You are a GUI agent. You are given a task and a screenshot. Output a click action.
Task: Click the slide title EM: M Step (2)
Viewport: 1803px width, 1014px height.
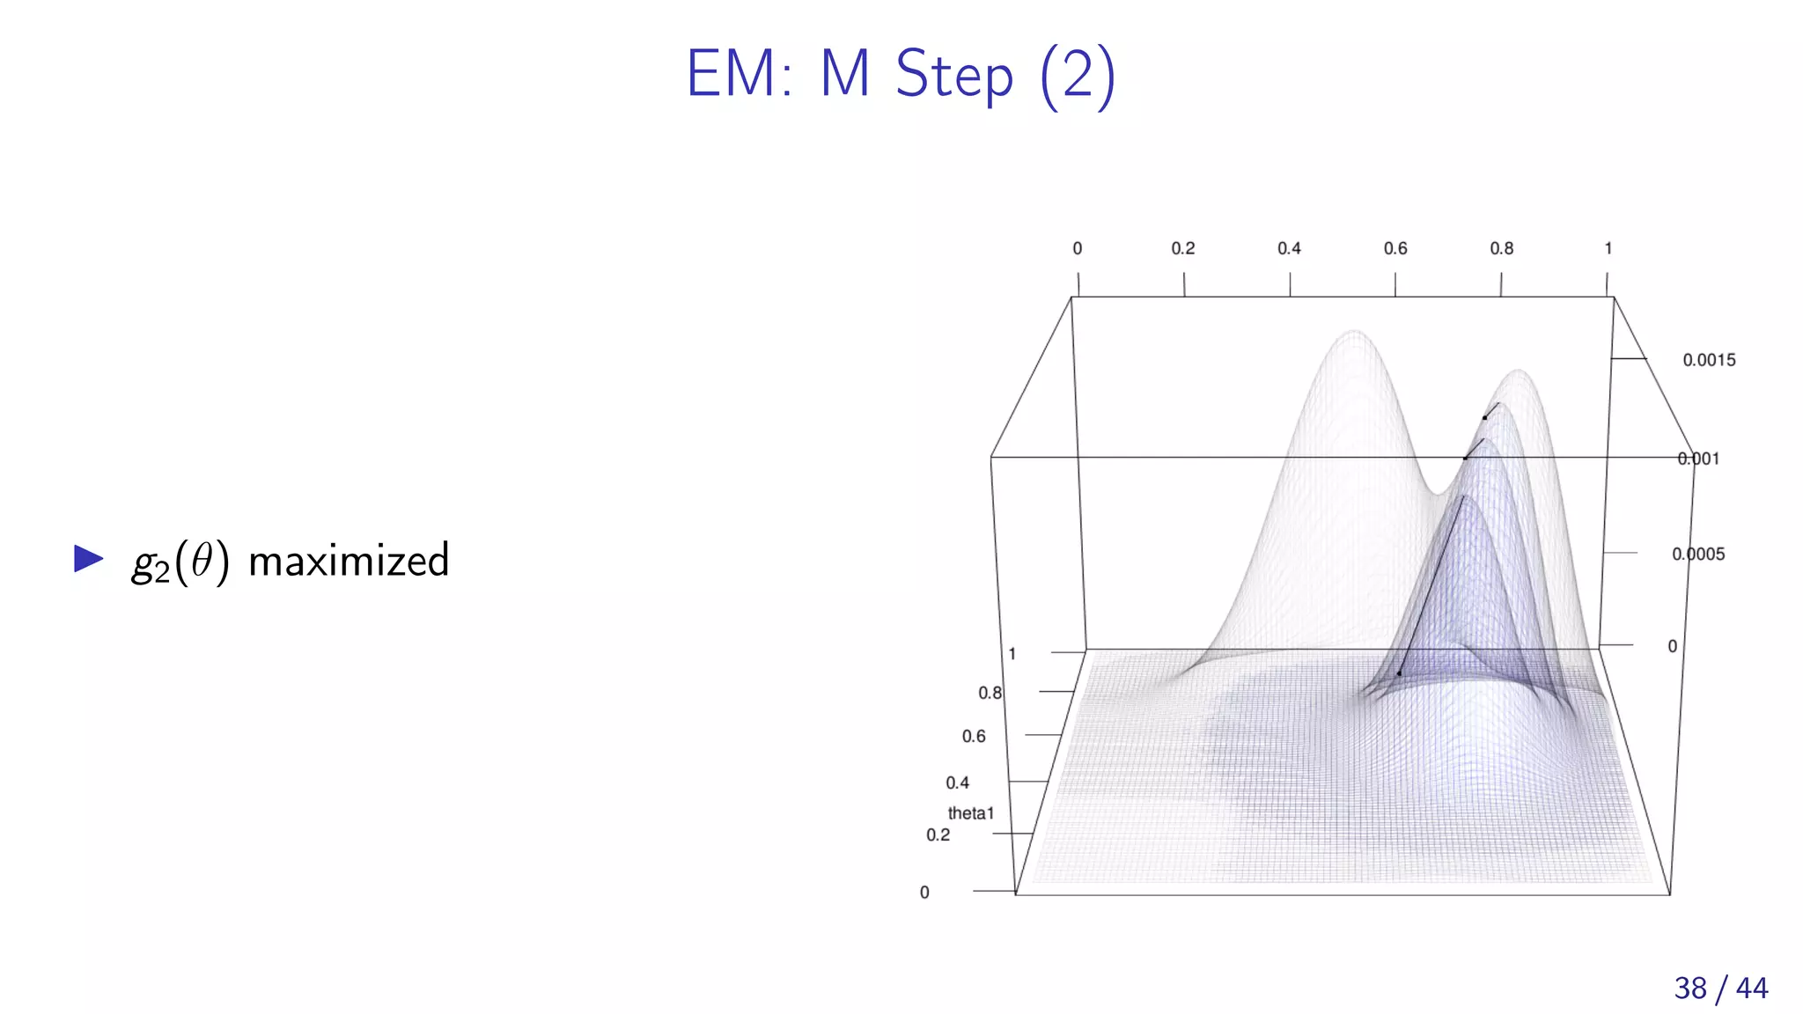coord(901,74)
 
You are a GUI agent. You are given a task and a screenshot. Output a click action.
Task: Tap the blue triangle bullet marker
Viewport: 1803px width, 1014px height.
coord(89,558)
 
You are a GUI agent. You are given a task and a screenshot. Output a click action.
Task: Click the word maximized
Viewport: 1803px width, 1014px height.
coord(349,561)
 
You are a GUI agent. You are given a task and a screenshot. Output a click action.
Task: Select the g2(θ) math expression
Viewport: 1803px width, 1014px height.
coord(180,562)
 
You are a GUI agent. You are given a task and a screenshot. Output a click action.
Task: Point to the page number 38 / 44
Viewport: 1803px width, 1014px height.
coord(1720,988)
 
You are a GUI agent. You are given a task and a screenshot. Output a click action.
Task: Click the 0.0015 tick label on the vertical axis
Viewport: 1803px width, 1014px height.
coord(1709,360)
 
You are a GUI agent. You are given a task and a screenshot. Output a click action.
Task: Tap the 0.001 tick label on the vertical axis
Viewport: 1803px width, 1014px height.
coord(1698,459)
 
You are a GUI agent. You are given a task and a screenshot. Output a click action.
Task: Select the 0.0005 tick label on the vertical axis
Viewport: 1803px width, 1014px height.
coord(1698,555)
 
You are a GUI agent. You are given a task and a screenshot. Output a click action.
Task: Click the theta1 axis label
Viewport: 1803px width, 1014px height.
coord(970,813)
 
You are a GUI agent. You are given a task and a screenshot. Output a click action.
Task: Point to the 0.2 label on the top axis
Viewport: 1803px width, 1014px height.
coord(1182,249)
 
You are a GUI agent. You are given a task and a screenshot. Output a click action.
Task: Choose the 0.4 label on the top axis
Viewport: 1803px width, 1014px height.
coord(1289,249)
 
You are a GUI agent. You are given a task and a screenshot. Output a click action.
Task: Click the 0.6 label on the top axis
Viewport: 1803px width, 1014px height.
coord(1395,249)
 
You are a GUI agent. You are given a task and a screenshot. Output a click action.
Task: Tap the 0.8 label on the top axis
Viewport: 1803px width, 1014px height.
coord(1501,249)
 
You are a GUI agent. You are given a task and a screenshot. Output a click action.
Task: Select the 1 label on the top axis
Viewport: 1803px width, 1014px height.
coord(1608,249)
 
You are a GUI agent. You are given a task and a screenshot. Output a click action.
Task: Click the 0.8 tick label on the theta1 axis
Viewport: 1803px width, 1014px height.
coord(990,693)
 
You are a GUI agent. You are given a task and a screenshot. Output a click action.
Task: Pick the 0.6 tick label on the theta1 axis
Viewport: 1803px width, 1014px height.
coord(974,736)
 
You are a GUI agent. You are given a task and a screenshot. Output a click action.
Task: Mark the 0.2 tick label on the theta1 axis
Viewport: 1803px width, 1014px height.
coord(938,834)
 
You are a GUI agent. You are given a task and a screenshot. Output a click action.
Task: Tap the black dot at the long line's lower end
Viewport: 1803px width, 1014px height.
coord(1399,673)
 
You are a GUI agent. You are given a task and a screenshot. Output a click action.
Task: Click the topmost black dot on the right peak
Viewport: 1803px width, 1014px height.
coord(1484,417)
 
